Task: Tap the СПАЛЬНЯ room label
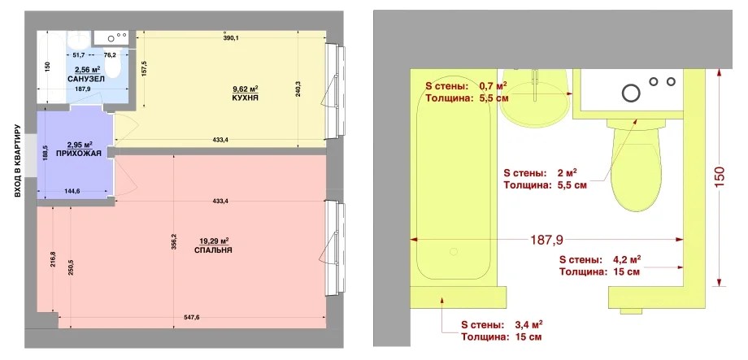point(214,249)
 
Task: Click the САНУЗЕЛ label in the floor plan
point(86,79)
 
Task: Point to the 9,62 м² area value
point(246,89)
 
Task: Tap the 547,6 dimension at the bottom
point(191,318)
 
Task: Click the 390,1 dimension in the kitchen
point(230,38)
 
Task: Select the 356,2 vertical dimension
point(174,241)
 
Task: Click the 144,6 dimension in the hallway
point(72,191)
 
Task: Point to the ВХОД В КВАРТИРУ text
point(17,162)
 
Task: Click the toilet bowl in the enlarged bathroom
point(635,169)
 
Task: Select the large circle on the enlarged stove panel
point(631,93)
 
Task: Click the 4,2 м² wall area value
point(626,260)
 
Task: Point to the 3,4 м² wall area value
point(528,325)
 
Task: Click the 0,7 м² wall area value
point(493,86)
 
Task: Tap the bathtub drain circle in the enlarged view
point(454,251)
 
